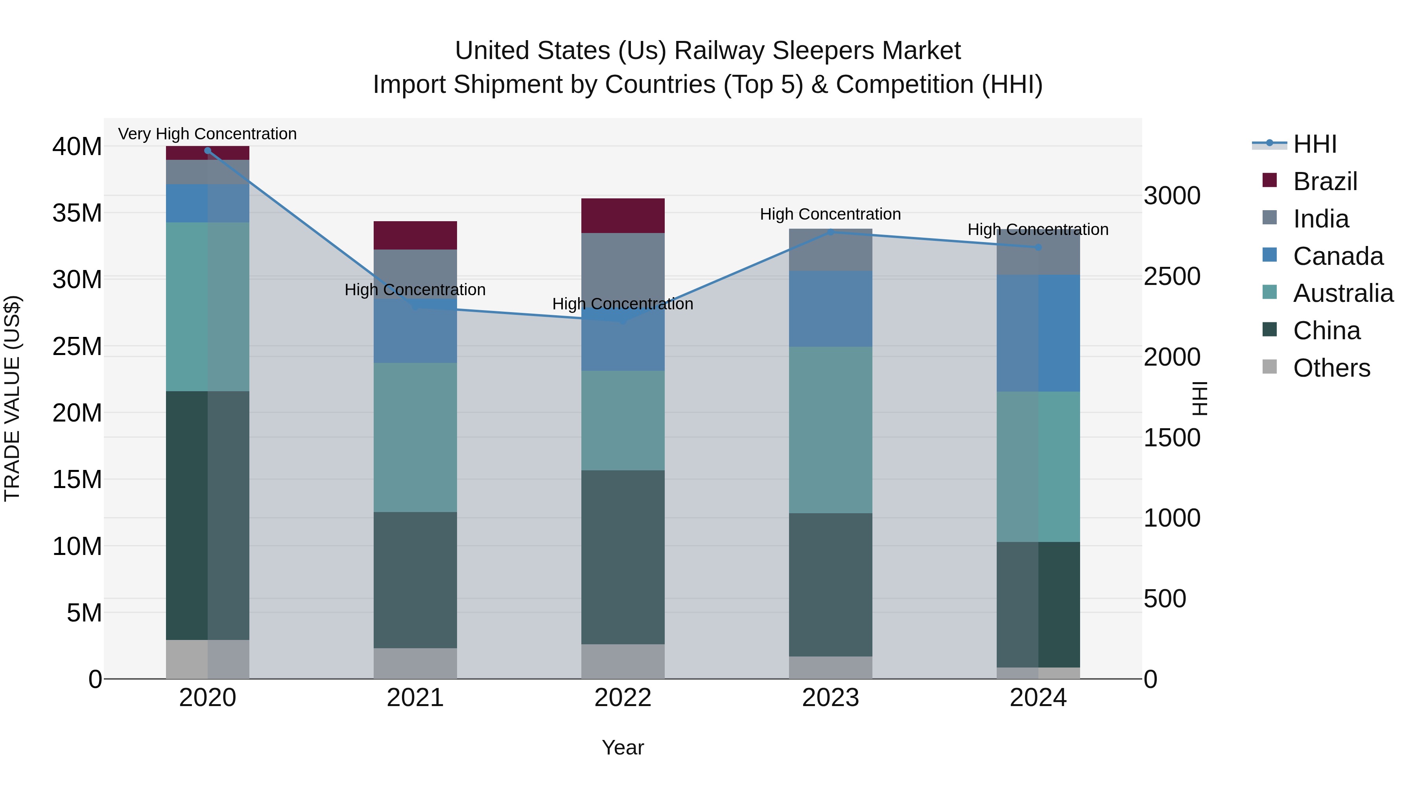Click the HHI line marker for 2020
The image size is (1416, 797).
click(x=208, y=151)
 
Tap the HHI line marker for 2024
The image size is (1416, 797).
click(x=1038, y=248)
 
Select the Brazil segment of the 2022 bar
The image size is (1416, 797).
click(x=623, y=216)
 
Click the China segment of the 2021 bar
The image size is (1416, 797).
click(x=415, y=580)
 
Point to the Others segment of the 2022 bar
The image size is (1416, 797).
click(x=623, y=661)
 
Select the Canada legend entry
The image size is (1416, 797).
click(x=1337, y=256)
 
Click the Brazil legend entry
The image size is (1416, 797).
click(x=1324, y=181)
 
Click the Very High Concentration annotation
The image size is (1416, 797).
click(x=207, y=134)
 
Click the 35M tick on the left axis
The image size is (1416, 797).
click(x=77, y=213)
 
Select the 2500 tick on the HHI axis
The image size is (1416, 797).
click(x=1172, y=277)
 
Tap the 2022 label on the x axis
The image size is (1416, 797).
click(x=623, y=698)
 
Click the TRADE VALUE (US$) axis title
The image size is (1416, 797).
click(x=13, y=398)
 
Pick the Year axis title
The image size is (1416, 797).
click(x=623, y=747)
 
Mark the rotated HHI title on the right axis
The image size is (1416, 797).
click(x=1200, y=398)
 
